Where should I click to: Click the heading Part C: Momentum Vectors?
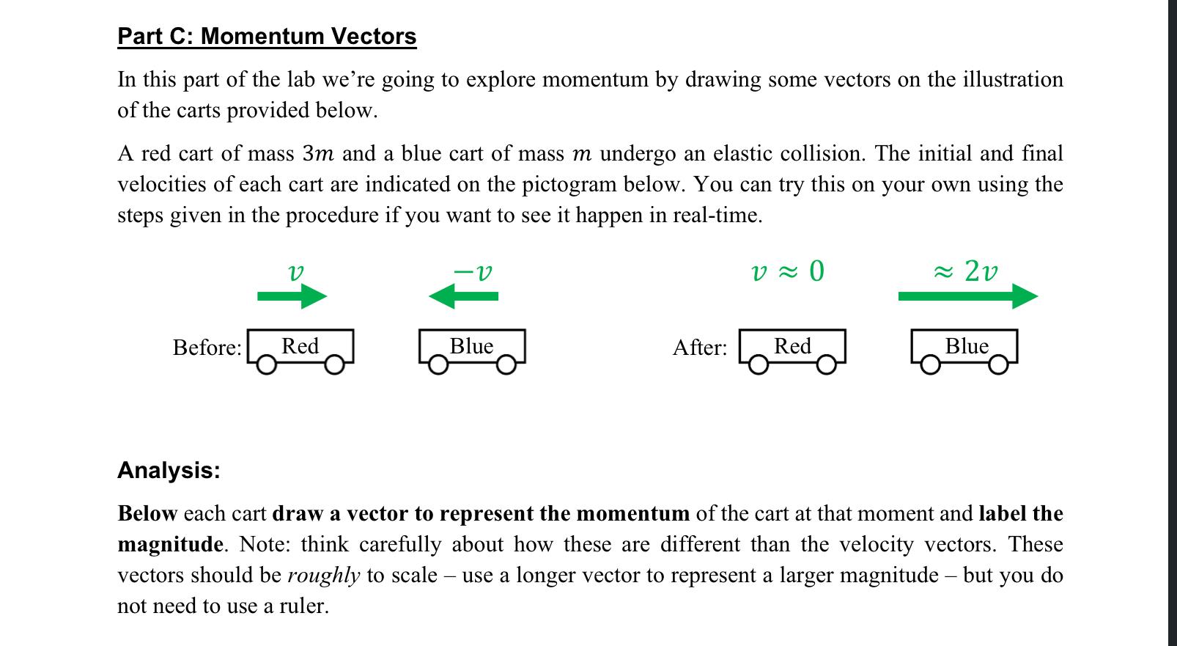click(x=267, y=36)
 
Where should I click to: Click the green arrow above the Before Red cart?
click(x=292, y=296)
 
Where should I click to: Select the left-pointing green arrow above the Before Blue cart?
click(x=463, y=296)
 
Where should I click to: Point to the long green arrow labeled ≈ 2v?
click(x=967, y=296)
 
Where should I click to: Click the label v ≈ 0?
click(x=788, y=271)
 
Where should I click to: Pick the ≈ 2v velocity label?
click(x=965, y=271)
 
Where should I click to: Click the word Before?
click(x=207, y=347)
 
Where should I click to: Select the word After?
click(x=700, y=347)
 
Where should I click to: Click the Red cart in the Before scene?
click(x=301, y=346)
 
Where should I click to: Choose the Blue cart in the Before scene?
click(x=472, y=346)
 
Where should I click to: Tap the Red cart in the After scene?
click(x=793, y=346)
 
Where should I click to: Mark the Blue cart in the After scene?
click(x=965, y=346)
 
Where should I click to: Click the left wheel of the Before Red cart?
click(x=267, y=364)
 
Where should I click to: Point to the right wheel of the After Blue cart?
click(x=998, y=364)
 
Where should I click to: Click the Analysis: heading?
click(x=169, y=470)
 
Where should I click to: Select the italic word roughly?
click(x=324, y=575)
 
